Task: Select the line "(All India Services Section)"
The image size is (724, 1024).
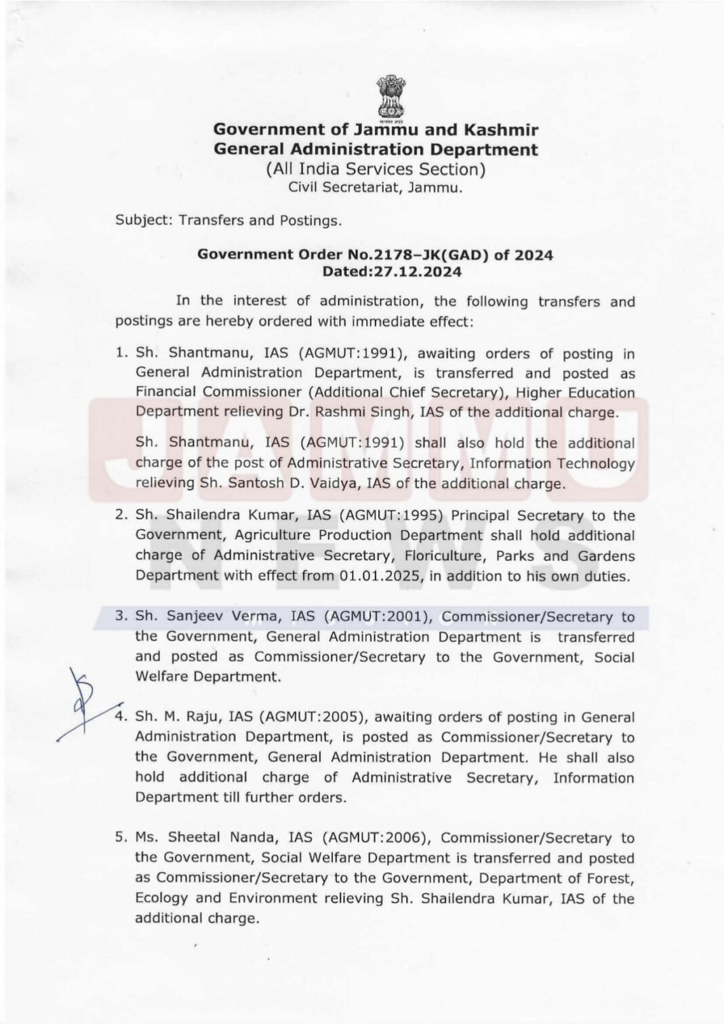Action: (376, 169)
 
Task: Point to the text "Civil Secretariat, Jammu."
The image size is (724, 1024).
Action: (376, 188)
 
